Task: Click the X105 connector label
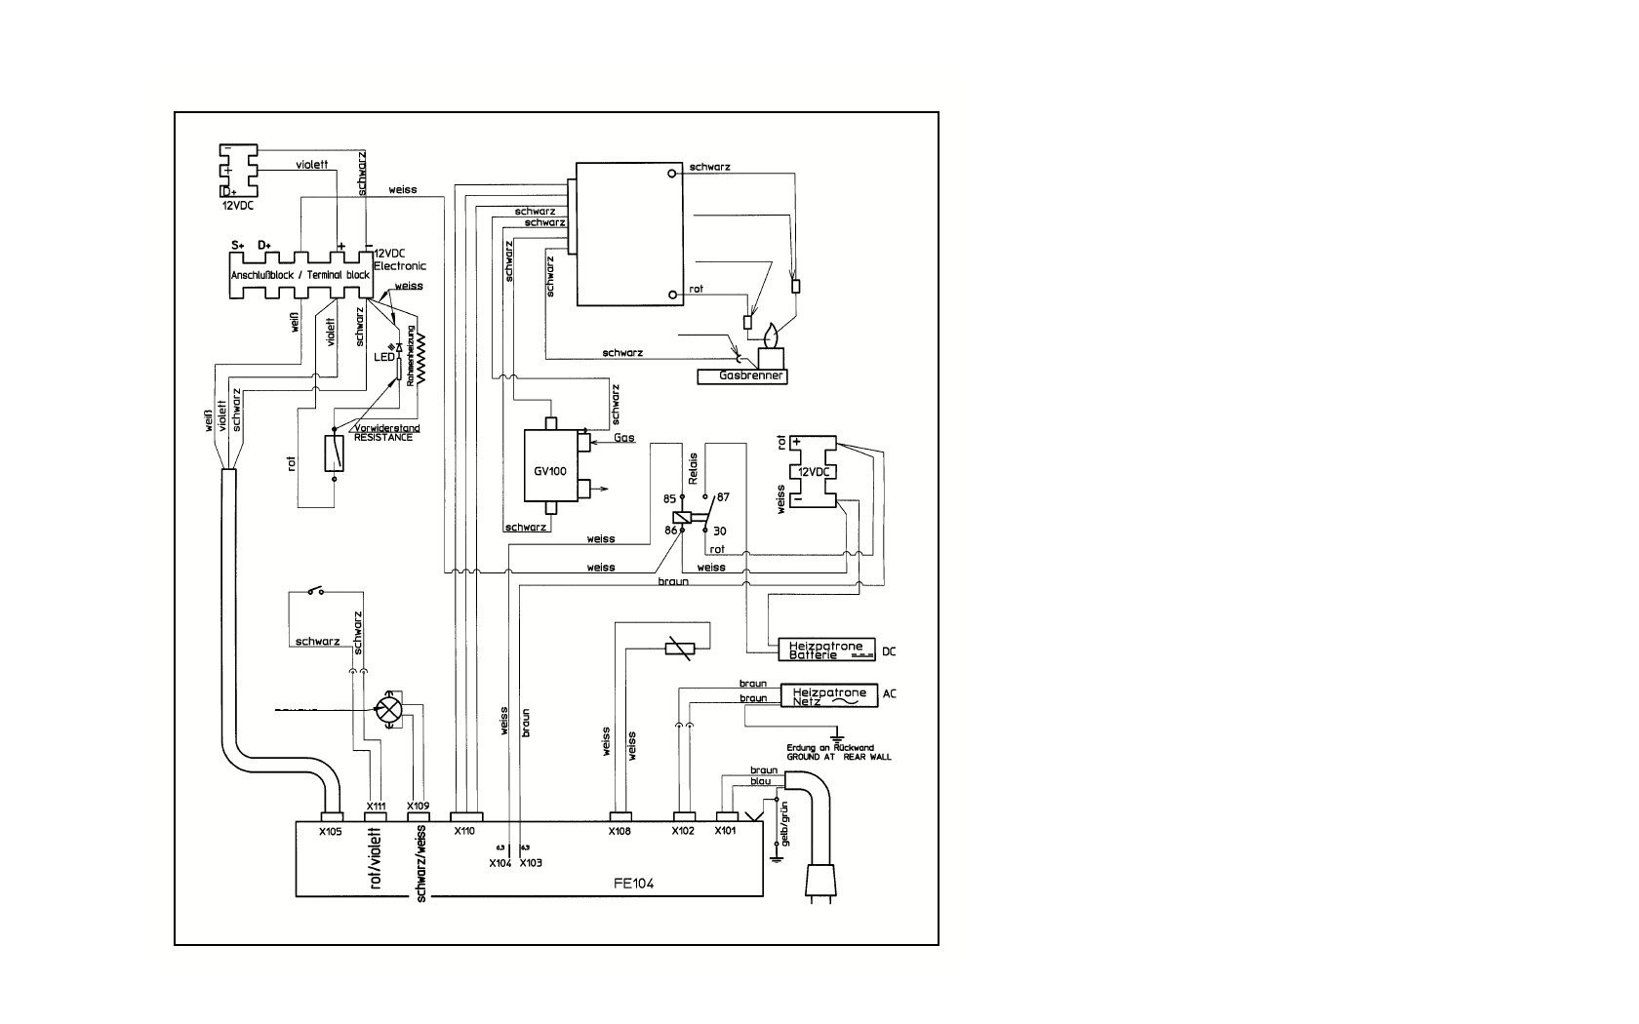point(331,832)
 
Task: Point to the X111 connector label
point(376,806)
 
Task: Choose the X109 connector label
point(418,806)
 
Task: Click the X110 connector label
point(464,831)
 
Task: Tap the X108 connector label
point(620,832)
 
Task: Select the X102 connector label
point(683,831)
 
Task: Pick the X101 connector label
point(725,831)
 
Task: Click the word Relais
point(693,469)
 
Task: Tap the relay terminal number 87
point(723,496)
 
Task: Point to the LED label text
point(383,357)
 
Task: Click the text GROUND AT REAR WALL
point(839,757)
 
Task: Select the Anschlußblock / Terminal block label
point(300,276)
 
